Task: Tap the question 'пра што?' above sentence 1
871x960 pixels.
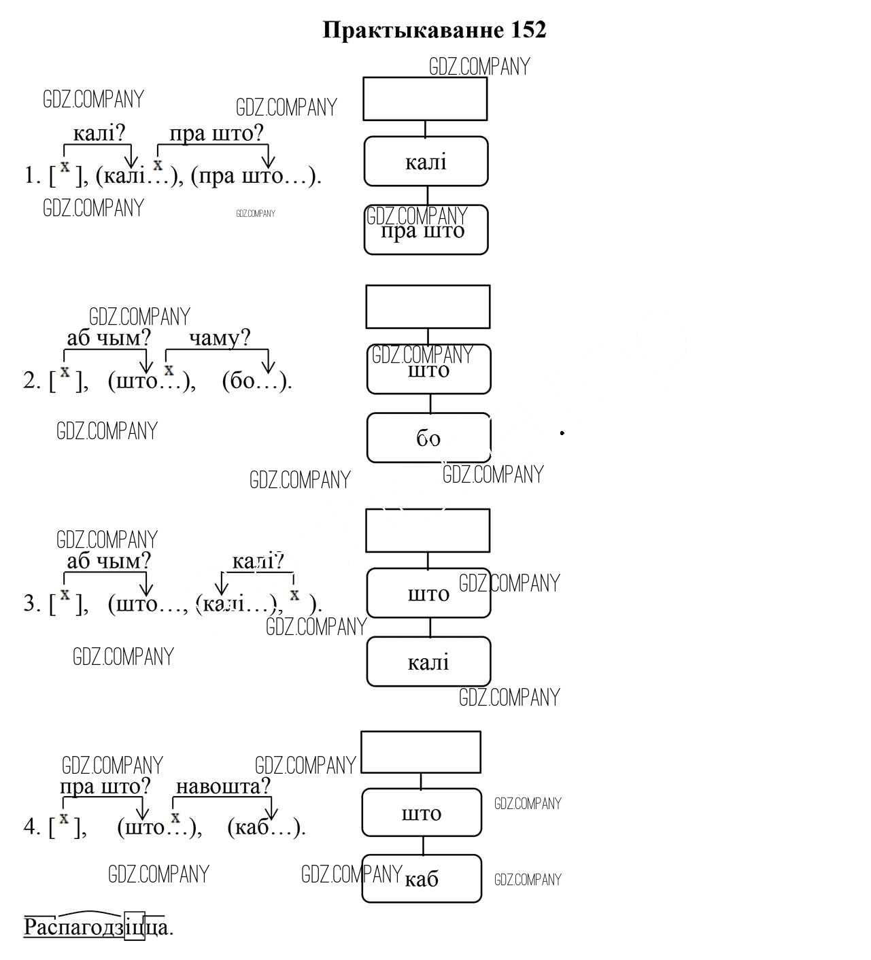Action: click(x=216, y=133)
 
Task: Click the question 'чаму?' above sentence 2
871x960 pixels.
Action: click(x=220, y=338)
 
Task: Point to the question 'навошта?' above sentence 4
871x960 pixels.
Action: click(x=223, y=787)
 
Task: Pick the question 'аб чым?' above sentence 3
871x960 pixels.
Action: click(x=108, y=561)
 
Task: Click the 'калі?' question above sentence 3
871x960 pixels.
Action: click(x=258, y=562)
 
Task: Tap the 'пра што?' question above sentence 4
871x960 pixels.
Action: click(x=105, y=787)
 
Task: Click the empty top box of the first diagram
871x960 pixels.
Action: click(x=425, y=99)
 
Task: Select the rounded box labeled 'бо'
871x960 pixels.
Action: click(x=428, y=438)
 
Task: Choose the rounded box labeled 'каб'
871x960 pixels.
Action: click(x=422, y=878)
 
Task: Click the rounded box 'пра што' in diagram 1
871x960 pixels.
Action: click(x=426, y=230)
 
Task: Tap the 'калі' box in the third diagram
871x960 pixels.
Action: click(x=428, y=662)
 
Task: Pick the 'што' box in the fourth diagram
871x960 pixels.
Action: click(x=422, y=812)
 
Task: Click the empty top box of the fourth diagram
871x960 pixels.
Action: click(x=421, y=752)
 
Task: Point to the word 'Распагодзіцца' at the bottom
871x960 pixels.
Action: click(x=98, y=927)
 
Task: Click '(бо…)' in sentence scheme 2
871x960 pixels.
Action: click(x=256, y=380)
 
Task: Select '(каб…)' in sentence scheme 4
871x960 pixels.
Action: click(x=265, y=827)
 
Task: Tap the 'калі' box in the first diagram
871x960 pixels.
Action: click(x=426, y=162)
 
